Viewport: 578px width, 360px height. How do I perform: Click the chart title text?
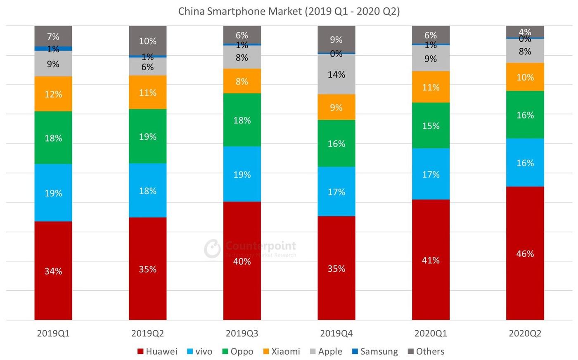pyautogui.click(x=289, y=11)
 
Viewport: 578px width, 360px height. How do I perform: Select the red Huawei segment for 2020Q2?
pyautogui.click(x=525, y=281)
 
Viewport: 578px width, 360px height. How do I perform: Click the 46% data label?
pyautogui.click(x=525, y=253)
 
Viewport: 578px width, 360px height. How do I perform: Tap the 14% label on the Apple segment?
pyautogui.click(x=336, y=75)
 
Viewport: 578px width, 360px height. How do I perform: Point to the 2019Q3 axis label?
pyautogui.click(x=242, y=333)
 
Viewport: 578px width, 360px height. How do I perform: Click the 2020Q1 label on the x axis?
pyautogui.click(x=431, y=333)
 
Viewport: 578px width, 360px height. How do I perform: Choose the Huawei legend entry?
pyautogui.click(x=157, y=351)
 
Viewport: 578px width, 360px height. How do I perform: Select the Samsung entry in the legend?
pyautogui.click(x=374, y=351)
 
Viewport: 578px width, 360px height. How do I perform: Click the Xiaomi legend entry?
pyautogui.click(x=281, y=351)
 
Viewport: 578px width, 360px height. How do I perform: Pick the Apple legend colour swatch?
pyautogui.click(x=313, y=351)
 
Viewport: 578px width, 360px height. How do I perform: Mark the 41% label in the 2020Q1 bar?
pyautogui.click(x=431, y=260)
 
